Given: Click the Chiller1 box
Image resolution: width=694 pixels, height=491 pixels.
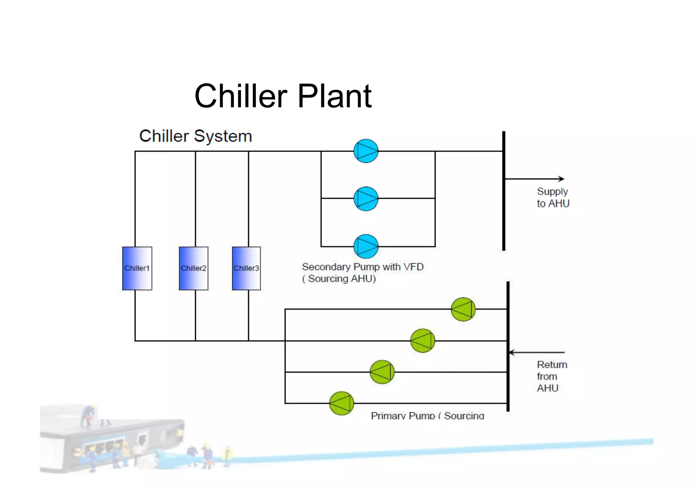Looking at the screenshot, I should [x=137, y=268].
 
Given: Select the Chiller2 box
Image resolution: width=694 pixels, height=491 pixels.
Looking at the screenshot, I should [x=193, y=268].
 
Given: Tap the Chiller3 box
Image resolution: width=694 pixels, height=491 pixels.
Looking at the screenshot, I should [x=246, y=268].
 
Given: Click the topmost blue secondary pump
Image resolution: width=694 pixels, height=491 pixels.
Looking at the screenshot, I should [x=366, y=151].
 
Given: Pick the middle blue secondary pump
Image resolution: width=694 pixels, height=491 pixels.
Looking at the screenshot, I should [x=366, y=199].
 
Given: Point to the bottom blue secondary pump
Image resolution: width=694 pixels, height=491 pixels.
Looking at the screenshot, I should [x=366, y=246].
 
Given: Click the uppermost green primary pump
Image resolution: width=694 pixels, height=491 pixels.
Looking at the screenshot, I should [x=463, y=309].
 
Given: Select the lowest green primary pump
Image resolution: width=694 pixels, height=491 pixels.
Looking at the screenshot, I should [x=342, y=403].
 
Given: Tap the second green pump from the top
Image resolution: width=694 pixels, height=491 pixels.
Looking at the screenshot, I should [x=423, y=341].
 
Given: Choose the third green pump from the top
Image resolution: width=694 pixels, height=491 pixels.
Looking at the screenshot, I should [x=382, y=372].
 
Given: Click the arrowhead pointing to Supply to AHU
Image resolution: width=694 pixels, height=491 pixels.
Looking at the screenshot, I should [x=562, y=179].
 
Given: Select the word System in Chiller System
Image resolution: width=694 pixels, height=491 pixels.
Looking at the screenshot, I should [x=223, y=136].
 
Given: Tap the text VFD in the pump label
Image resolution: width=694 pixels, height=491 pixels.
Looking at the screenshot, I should [x=413, y=267].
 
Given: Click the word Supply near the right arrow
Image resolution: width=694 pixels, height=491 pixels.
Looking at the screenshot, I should [x=552, y=192].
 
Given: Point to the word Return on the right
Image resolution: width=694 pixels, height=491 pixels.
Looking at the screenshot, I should [x=552, y=365].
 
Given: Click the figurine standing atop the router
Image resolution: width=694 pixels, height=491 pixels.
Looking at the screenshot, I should [x=88, y=415].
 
